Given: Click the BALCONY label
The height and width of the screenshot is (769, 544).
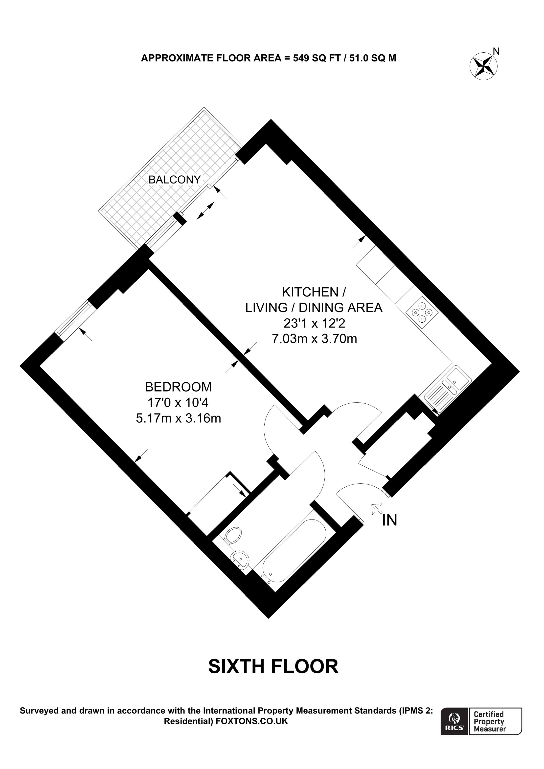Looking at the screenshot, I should point(174,180).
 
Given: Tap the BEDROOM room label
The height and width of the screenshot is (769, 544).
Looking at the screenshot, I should point(178,387).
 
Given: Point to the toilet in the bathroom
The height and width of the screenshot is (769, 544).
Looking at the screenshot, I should point(234,535).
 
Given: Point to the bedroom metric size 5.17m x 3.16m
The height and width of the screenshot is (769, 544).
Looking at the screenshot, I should point(178,418).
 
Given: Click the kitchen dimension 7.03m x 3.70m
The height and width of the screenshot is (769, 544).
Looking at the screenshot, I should point(314,339).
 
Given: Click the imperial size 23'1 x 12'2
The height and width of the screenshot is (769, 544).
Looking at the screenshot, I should point(314,323).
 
